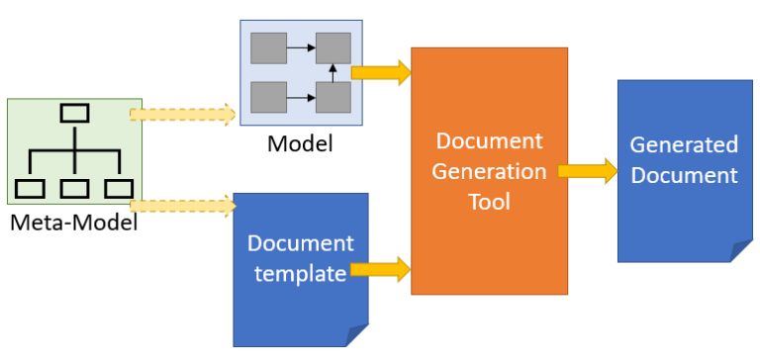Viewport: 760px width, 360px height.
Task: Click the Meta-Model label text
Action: coord(73,223)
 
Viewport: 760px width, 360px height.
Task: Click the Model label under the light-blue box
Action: coord(300,145)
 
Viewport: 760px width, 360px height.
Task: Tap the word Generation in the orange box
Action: coord(489,171)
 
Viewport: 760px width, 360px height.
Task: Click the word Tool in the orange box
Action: coord(489,202)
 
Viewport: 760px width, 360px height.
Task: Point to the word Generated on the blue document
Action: coord(684,145)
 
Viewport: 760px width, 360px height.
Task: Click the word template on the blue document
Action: coord(299,273)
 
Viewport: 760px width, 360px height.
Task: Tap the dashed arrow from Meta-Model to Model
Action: coord(184,114)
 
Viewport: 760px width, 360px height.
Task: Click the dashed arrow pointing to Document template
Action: coord(184,206)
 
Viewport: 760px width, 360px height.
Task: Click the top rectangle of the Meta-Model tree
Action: coord(75,113)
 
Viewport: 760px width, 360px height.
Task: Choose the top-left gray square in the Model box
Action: coord(268,46)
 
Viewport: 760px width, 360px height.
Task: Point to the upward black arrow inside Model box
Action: coord(333,71)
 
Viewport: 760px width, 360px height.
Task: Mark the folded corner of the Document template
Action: coord(356,336)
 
